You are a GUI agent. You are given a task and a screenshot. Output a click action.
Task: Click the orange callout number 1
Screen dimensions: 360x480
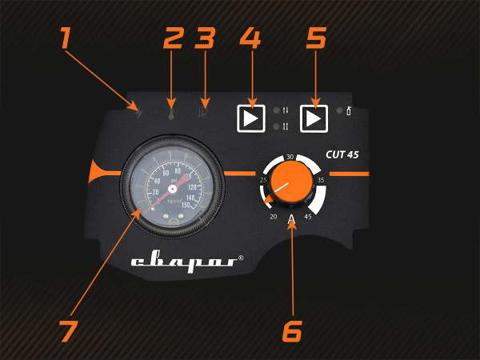click(65, 37)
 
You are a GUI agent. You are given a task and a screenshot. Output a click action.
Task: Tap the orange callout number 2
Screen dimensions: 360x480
click(174, 38)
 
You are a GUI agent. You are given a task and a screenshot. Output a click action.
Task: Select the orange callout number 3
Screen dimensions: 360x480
click(206, 38)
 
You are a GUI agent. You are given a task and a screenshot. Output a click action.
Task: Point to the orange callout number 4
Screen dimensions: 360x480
click(250, 38)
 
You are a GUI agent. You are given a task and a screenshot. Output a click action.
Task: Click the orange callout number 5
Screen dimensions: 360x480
click(316, 38)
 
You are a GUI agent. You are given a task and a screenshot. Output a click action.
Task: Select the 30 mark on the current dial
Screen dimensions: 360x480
click(290, 158)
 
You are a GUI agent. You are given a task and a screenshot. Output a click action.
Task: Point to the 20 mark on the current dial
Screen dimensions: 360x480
click(273, 216)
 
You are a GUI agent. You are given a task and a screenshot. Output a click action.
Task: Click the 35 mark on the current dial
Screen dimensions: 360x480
click(321, 180)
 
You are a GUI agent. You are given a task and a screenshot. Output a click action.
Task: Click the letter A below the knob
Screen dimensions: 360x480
click(291, 218)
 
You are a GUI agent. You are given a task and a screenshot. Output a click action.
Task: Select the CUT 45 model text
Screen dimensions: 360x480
click(342, 156)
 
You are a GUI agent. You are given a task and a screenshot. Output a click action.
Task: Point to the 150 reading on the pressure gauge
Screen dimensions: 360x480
click(186, 205)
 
